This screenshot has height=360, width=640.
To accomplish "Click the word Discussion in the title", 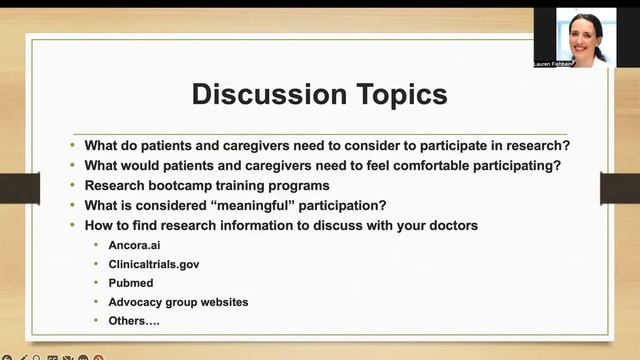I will tap(265, 95).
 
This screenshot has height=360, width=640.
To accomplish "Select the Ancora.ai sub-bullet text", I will tap(136, 245).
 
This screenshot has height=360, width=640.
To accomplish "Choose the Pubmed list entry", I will tap(132, 283).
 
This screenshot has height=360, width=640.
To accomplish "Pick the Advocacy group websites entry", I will tap(178, 301).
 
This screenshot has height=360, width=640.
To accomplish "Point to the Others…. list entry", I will tap(134, 320).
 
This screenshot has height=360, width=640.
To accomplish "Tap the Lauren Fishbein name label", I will tap(581, 63).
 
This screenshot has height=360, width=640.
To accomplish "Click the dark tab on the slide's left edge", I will tap(20, 187).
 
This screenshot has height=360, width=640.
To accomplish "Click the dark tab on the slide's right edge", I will tap(619, 187).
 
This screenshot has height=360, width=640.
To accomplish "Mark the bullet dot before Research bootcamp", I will tap(73, 185).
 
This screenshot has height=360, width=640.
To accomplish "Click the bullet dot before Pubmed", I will tap(97, 283).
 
